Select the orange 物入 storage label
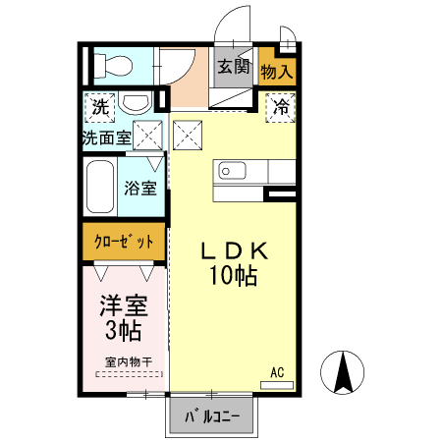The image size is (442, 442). click(x=276, y=72)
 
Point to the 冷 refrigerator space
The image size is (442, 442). click(x=282, y=104)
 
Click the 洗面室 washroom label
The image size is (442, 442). click(x=106, y=138)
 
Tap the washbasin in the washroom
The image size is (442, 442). click(x=137, y=103)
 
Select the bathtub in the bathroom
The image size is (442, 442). click(x=100, y=188)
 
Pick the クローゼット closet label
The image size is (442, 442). click(x=123, y=242)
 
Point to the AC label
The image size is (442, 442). click(x=277, y=372)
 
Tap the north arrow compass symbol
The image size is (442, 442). click(x=345, y=372)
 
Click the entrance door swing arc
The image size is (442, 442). click(x=232, y=24)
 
